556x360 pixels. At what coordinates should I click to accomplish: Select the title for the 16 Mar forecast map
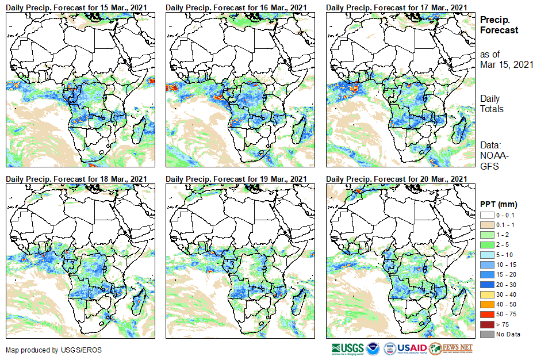(x=236, y=7)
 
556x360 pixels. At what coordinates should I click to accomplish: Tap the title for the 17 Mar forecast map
(x=396, y=7)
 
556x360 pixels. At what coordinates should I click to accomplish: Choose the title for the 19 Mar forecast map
(x=236, y=179)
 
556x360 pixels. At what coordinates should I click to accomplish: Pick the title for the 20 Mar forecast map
(x=396, y=179)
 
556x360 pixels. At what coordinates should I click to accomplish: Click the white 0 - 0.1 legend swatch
(x=486, y=215)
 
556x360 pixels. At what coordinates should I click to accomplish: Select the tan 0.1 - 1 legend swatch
(x=486, y=224)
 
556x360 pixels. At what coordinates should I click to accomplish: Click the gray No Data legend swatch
(x=486, y=334)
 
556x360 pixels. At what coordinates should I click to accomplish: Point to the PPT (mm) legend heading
(x=499, y=204)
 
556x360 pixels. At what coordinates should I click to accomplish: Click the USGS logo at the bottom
(x=347, y=348)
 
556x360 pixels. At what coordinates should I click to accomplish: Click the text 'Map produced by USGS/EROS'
(x=46, y=350)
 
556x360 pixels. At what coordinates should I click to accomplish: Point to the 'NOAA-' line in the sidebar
(x=493, y=155)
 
